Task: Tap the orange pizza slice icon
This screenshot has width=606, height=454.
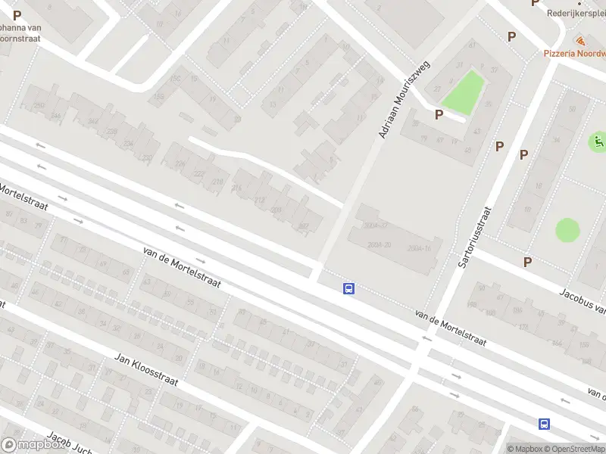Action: pos(580,40)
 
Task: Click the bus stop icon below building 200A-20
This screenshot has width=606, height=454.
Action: pos(349,288)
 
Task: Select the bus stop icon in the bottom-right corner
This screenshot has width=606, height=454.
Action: pos(544,424)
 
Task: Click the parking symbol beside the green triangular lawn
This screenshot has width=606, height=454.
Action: pos(439,114)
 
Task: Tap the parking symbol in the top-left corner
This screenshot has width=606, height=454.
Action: pos(17,15)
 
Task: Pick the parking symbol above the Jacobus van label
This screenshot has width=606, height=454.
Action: pos(527,262)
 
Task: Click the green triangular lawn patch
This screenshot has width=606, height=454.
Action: pos(464,93)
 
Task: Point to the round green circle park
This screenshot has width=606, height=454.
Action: pos(567,230)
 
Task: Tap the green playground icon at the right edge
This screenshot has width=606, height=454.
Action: pos(598,141)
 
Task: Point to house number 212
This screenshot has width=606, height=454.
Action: pos(260,201)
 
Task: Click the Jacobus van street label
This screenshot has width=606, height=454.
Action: pos(582,301)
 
